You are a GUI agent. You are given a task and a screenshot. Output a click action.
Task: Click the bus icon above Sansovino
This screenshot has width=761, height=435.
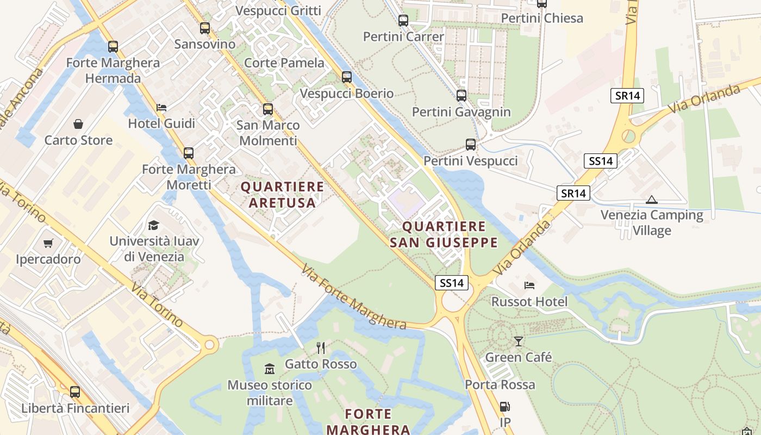point(204,28)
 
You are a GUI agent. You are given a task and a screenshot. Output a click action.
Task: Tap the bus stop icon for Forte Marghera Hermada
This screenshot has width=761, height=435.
point(113,47)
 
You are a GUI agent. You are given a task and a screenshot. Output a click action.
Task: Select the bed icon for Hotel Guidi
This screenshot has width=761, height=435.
point(161,108)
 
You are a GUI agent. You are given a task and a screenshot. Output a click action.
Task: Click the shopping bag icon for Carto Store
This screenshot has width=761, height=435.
point(78,124)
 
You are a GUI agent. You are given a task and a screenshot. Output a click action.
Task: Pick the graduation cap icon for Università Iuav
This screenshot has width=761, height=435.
point(154,225)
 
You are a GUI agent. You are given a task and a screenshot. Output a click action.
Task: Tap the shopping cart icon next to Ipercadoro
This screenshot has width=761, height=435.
point(48,243)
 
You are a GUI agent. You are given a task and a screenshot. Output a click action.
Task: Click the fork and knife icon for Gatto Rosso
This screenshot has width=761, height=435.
point(321,347)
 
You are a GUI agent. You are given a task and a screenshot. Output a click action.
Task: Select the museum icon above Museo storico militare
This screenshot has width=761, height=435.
point(270,369)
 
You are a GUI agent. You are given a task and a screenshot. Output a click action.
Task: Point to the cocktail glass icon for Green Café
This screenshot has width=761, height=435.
point(519,341)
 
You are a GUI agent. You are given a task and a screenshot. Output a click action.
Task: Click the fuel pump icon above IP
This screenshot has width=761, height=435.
point(505,407)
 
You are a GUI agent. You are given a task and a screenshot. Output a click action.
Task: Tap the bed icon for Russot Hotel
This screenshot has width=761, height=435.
point(529,285)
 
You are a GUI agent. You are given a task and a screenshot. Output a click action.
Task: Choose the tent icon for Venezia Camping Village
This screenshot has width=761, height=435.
point(651,200)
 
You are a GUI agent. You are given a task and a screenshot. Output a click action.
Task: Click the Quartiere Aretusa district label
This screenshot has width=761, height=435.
point(282,195)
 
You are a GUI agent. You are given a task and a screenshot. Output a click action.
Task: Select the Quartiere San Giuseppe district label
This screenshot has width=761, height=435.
point(444,234)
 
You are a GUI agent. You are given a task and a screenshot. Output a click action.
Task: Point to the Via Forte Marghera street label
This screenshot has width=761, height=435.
point(354,297)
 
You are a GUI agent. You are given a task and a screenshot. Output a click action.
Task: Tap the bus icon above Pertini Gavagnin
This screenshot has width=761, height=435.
point(461,96)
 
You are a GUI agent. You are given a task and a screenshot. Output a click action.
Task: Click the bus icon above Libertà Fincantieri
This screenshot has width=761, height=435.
point(75,391)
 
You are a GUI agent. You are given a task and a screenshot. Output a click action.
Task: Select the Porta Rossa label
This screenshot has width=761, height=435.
point(500,385)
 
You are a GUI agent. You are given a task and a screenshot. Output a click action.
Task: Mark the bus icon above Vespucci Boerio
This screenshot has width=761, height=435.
point(347,77)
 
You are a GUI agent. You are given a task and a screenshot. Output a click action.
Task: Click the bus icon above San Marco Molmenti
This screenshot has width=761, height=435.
point(268,109)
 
